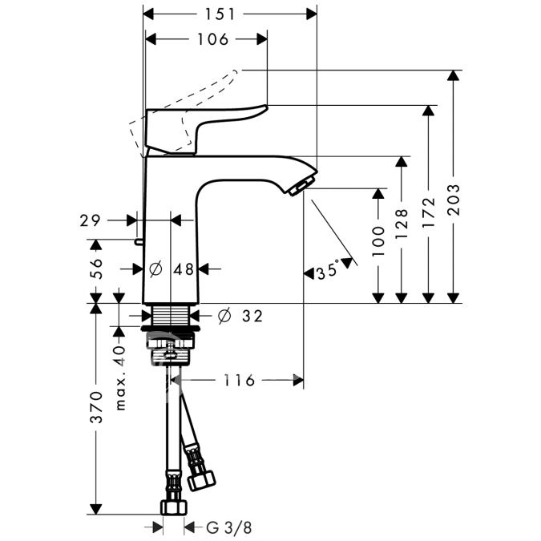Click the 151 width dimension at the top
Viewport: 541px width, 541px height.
[x=220, y=14]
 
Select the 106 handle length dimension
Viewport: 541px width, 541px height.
[x=212, y=39]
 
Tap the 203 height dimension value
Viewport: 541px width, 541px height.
[x=454, y=200]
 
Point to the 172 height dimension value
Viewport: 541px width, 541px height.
[x=428, y=212]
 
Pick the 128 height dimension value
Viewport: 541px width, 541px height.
[x=402, y=224]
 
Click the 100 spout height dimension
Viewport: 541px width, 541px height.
[x=378, y=241]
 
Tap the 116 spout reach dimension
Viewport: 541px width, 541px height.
[x=239, y=380]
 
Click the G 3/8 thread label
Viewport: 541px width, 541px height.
[x=229, y=527]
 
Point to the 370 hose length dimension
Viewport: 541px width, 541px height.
[x=96, y=407]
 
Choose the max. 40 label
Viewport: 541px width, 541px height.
[x=120, y=378]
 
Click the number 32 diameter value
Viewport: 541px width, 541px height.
[x=252, y=316]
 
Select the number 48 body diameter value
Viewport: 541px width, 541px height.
[x=184, y=269]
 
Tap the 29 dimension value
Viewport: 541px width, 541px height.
[x=90, y=220]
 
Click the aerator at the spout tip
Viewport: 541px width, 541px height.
[x=298, y=186]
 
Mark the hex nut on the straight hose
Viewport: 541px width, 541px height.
[x=174, y=507]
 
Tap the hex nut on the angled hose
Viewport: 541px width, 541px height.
[x=201, y=480]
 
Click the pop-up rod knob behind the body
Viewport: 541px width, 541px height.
[x=139, y=242]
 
